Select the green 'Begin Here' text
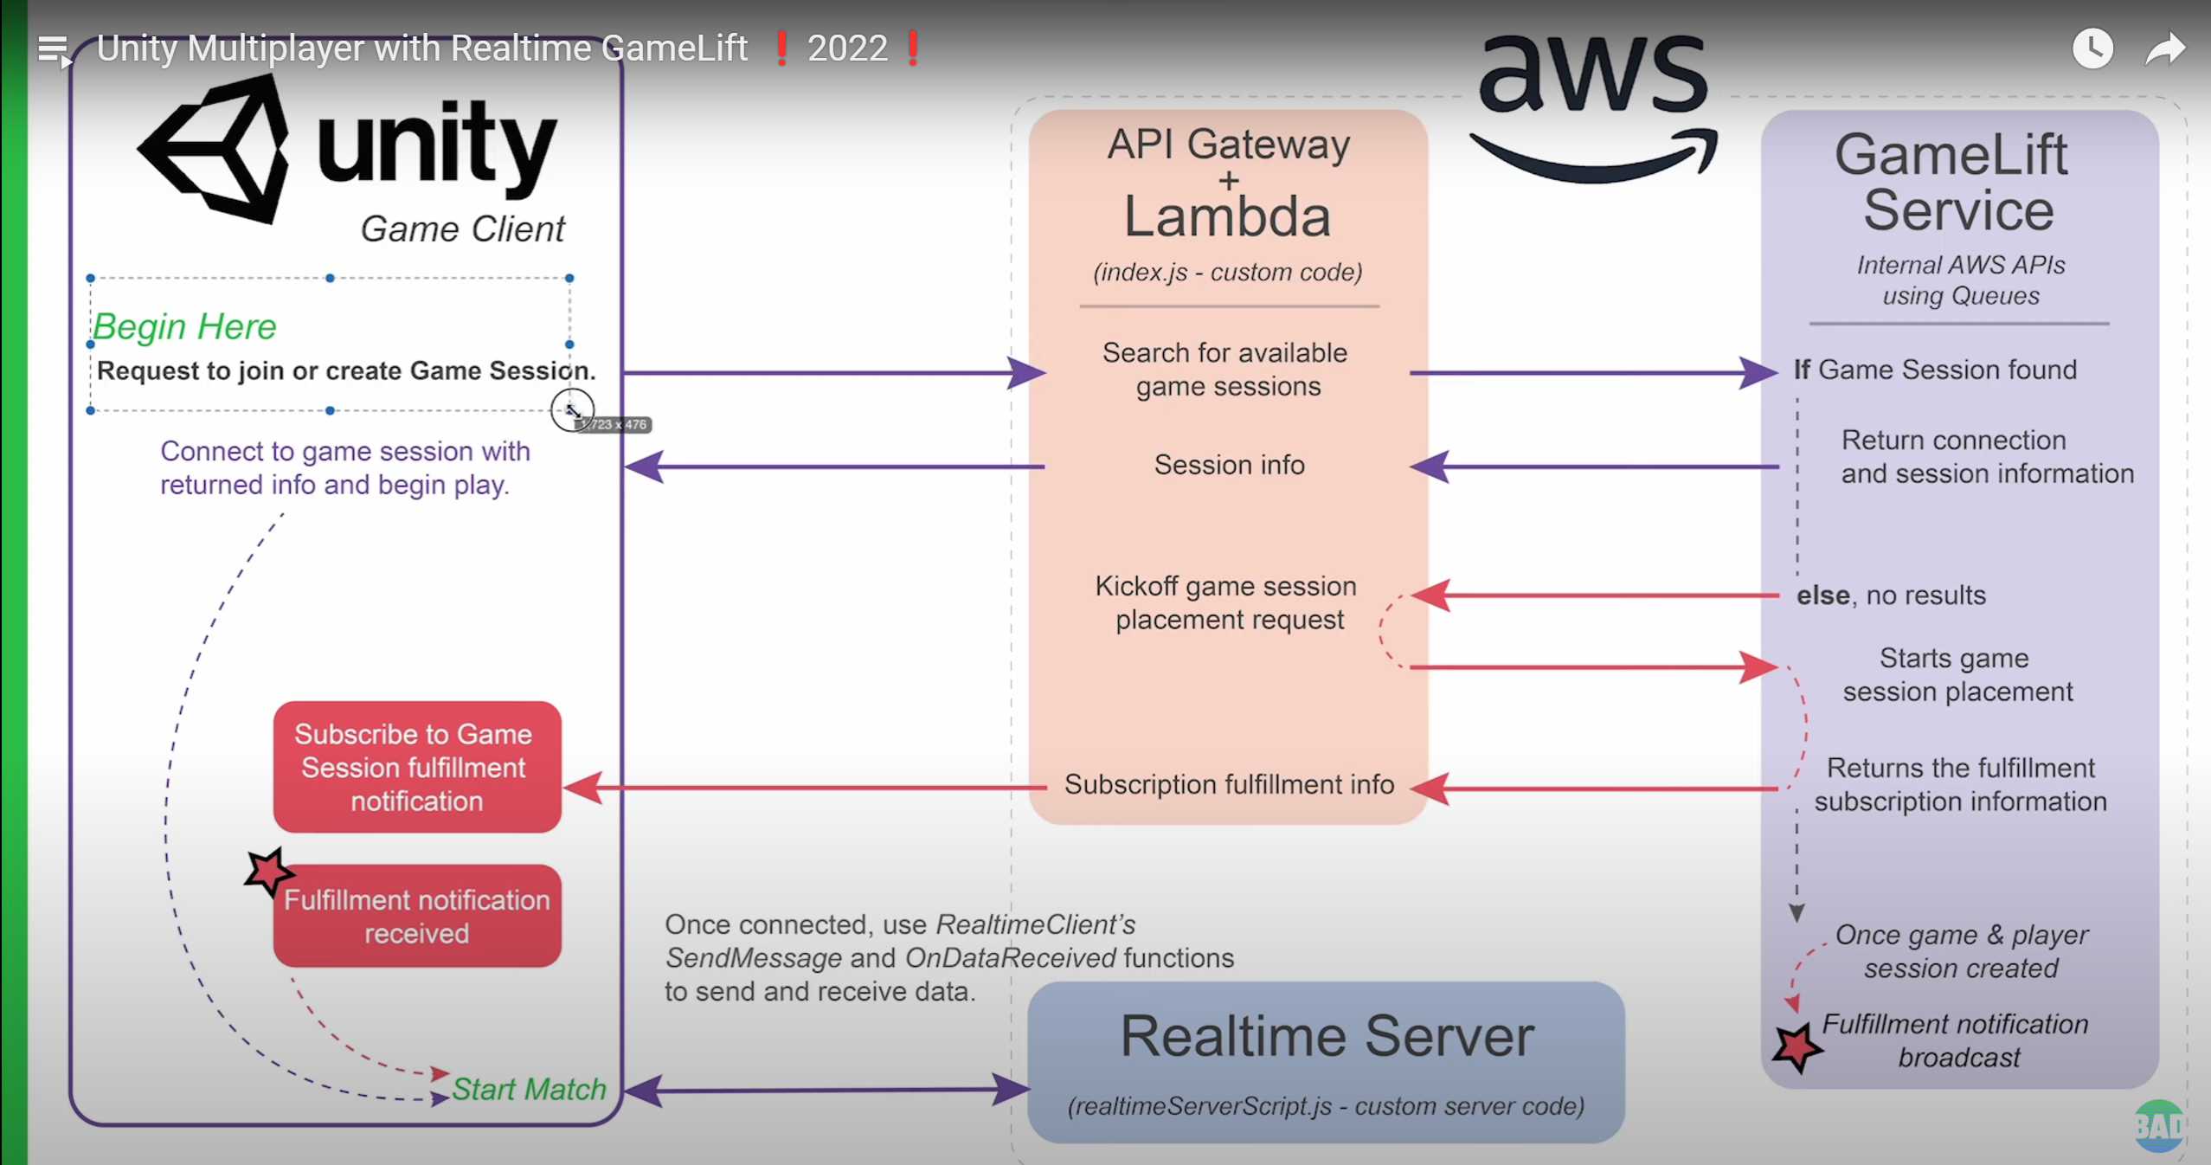click(x=184, y=327)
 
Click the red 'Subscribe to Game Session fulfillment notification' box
click(x=416, y=767)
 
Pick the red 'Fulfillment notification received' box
click(x=417, y=917)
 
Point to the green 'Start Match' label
click(x=529, y=1089)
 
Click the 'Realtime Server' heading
click(x=1327, y=1036)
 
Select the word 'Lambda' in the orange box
click(x=1227, y=216)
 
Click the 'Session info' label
click(x=1229, y=466)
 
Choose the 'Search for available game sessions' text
click(x=1226, y=370)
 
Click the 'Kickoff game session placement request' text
click(x=1227, y=603)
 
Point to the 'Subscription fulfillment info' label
click(x=1229, y=785)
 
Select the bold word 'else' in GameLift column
click(x=1822, y=595)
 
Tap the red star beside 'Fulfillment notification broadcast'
click(x=1796, y=1047)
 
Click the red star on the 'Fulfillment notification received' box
click(x=267, y=872)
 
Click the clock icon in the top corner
click(x=2092, y=48)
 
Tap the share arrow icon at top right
click(x=2164, y=48)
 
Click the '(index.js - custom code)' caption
click(x=1227, y=273)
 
